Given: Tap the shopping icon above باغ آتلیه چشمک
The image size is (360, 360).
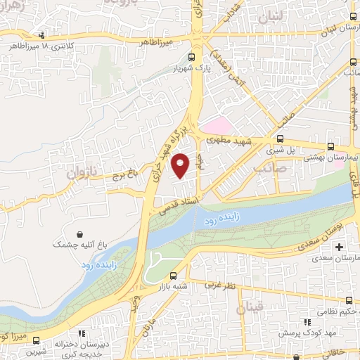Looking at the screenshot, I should point(82,234).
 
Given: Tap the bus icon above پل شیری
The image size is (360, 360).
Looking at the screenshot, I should point(281,139).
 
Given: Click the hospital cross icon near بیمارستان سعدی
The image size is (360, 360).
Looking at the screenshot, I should point(340,247).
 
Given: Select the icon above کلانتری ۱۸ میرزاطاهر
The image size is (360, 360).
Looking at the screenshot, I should point(42,35).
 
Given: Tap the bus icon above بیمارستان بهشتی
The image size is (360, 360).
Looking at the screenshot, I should point(330,147).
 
